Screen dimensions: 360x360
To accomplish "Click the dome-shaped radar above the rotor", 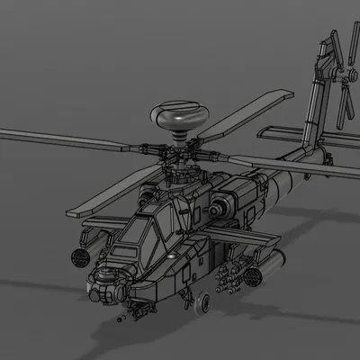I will [x=178, y=116].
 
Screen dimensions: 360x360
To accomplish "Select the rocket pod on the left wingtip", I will [x=81, y=256].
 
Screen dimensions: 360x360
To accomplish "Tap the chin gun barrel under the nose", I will [x=126, y=316].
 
